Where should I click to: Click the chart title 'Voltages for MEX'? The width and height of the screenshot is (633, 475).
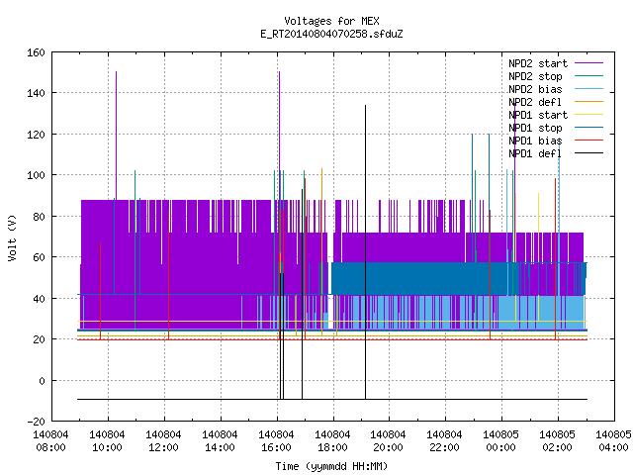click(331, 21)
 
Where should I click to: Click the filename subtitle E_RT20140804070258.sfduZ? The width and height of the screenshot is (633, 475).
click(331, 34)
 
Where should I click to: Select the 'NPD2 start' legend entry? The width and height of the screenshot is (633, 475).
click(556, 63)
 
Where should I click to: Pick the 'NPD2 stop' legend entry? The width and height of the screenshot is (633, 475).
click(556, 76)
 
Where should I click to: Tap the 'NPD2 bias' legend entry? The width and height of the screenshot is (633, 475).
click(556, 89)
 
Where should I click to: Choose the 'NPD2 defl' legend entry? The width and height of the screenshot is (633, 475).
click(556, 102)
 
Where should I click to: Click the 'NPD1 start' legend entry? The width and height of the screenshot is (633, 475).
click(556, 115)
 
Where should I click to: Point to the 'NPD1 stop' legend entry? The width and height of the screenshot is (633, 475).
click(556, 128)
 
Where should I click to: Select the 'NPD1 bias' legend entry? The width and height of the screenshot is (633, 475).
click(556, 141)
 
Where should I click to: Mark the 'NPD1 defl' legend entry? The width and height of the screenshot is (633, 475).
click(556, 153)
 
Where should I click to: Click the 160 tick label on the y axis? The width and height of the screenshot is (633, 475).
click(36, 52)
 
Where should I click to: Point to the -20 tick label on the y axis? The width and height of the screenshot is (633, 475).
click(36, 422)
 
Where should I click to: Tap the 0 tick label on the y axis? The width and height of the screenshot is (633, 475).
click(42, 380)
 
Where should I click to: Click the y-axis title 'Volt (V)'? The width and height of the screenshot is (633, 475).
click(12, 238)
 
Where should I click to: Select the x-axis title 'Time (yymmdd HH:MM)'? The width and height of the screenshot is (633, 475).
click(331, 466)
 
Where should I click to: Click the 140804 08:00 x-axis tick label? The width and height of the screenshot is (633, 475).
click(50, 441)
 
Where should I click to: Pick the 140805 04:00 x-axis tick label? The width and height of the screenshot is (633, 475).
click(613, 441)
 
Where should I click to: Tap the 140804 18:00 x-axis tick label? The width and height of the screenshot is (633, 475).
click(332, 441)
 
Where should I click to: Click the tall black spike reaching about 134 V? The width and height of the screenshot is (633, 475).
click(365, 252)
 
